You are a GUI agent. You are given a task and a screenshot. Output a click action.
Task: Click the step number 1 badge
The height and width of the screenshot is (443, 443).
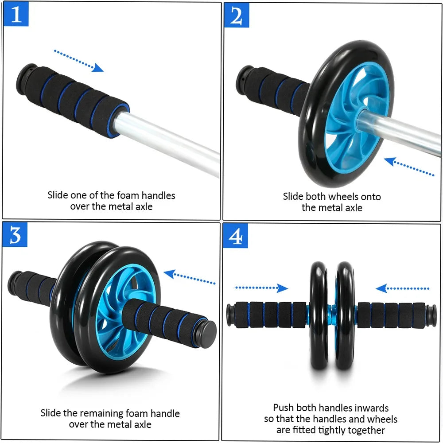click(x=16, y=15)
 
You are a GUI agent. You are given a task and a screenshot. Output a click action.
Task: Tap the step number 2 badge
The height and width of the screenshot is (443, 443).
click(x=237, y=16)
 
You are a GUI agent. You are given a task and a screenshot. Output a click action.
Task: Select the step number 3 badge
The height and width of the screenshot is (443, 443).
click(x=16, y=235)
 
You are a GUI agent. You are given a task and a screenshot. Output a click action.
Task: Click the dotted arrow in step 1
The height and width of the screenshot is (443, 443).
click(x=79, y=61)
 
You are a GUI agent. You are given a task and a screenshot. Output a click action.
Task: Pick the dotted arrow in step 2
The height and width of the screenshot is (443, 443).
click(x=409, y=167)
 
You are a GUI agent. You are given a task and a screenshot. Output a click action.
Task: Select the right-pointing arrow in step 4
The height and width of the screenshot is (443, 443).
click(x=261, y=288)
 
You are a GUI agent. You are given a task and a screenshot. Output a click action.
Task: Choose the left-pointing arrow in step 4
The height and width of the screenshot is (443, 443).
click(x=402, y=289)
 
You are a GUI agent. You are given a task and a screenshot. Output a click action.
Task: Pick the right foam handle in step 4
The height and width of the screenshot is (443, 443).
click(x=392, y=315)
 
